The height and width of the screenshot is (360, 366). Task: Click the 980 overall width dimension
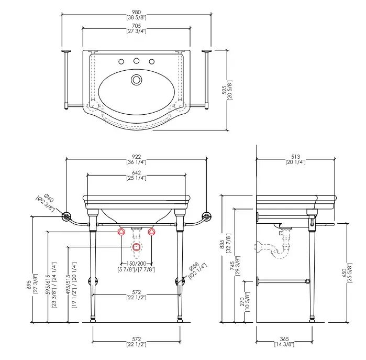click(136, 12)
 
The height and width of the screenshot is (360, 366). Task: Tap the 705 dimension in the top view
click(136, 25)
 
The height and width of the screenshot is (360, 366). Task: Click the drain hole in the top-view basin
click(137, 80)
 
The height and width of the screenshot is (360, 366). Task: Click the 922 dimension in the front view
click(136, 156)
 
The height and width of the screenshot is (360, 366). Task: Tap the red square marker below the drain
click(136, 246)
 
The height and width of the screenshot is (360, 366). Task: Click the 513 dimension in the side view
click(296, 156)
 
